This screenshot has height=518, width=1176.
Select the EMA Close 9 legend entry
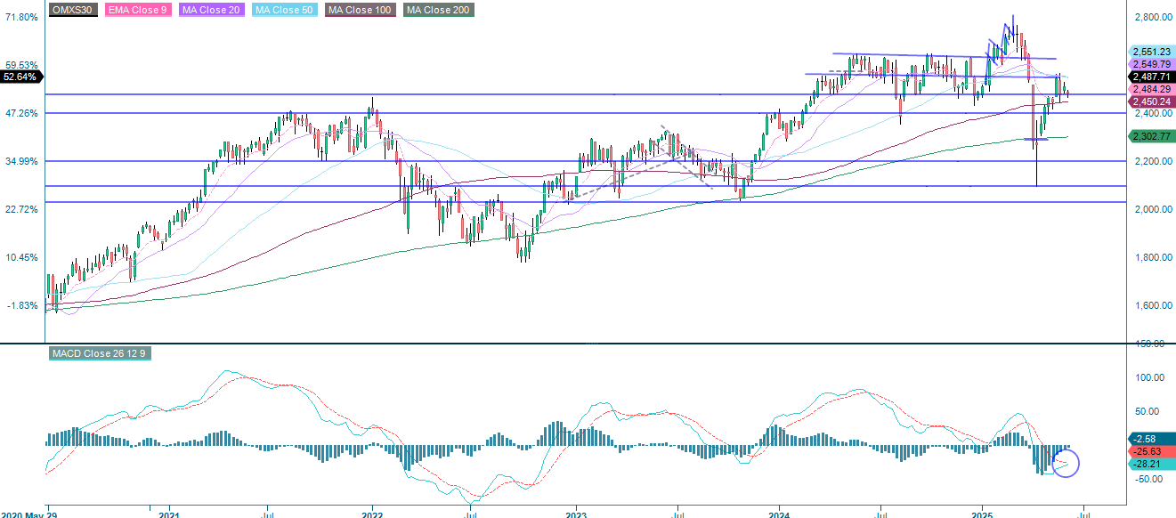pos(139,10)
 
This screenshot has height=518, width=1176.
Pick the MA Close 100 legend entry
pos(360,10)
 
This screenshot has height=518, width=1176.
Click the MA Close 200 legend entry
pos(438,10)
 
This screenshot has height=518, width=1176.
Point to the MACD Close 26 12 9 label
pos(97,354)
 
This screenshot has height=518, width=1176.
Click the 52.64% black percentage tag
pos(20,77)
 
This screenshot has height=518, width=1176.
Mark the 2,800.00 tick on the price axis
pos(1154,17)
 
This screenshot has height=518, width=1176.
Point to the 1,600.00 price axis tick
pos(1154,305)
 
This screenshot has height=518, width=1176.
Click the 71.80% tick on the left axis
pos(21,17)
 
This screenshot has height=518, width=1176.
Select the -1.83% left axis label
pos(21,305)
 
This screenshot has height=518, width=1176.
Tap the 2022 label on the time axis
pos(372,514)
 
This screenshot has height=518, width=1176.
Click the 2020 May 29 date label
pos(25,514)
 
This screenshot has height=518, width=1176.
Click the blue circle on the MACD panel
pos(1065,463)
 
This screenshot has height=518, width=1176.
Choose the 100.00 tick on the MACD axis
pos(1151,377)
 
